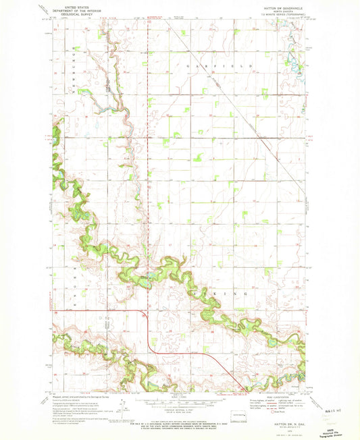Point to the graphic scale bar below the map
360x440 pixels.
click(x=178, y=404)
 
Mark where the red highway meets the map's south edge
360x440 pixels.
click(x=245, y=391)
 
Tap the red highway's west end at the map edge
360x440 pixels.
click(x=53, y=310)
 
